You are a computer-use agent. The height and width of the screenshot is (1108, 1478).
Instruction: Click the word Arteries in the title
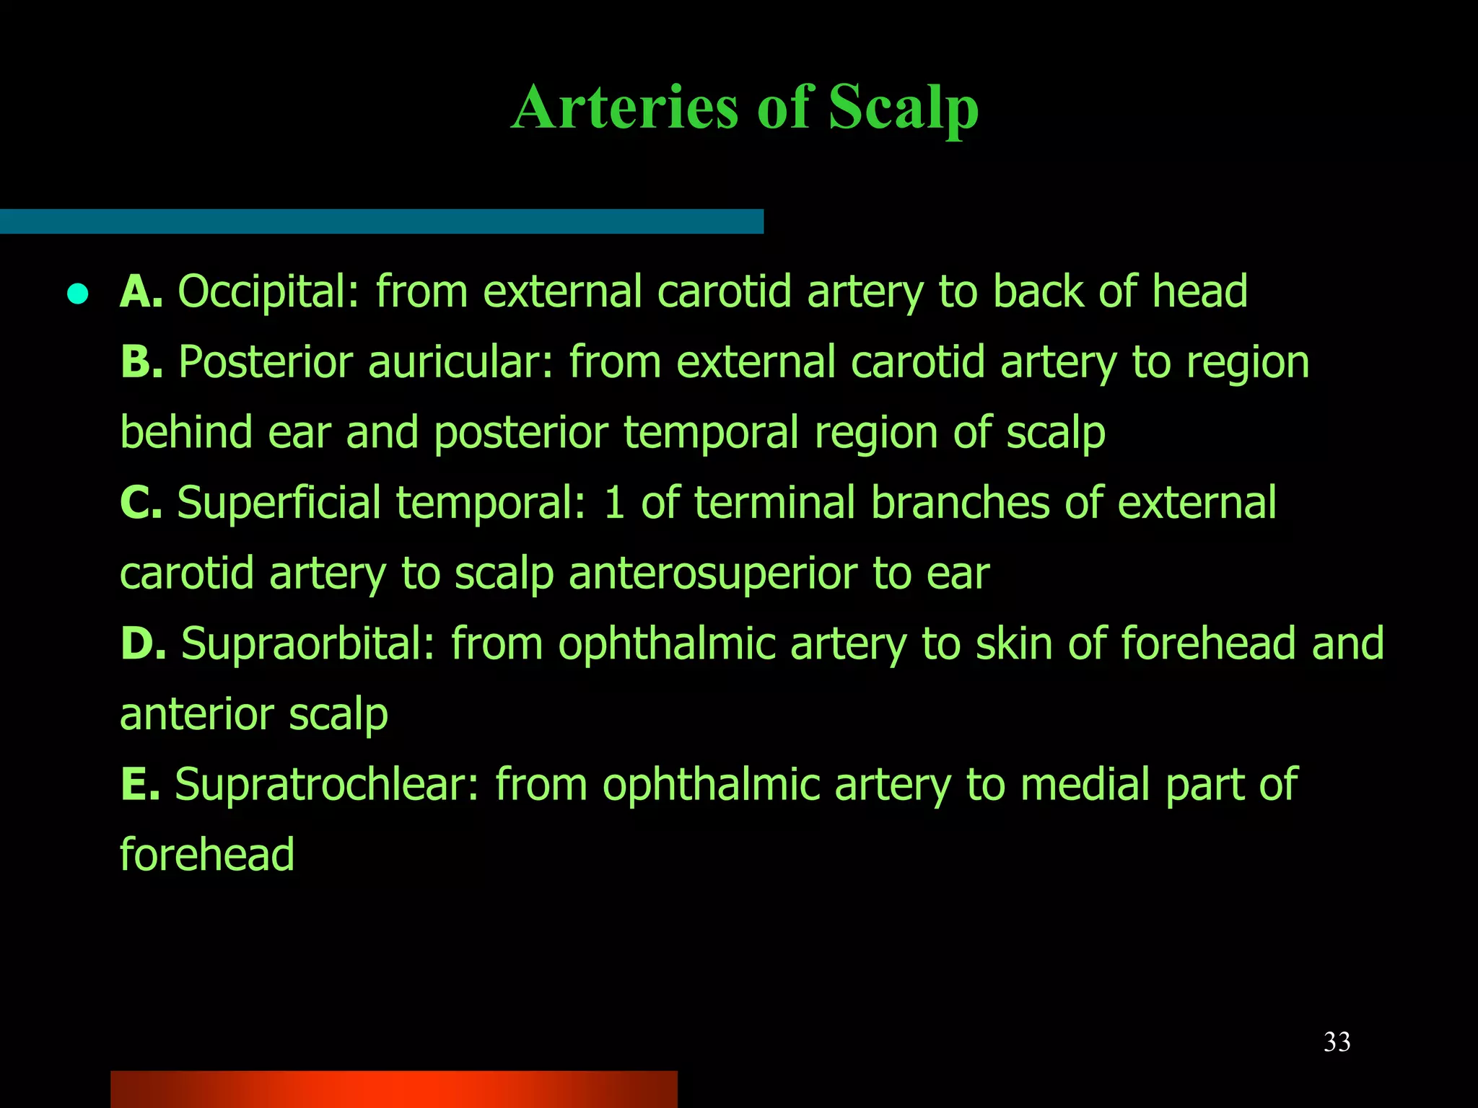click(625, 108)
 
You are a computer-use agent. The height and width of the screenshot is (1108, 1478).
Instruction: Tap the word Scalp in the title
click(903, 108)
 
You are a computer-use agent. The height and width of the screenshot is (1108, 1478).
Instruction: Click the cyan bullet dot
click(77, 294)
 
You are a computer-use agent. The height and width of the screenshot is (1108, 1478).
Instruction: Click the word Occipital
click(268, 293)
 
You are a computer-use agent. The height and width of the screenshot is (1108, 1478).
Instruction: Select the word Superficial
click(279, 502)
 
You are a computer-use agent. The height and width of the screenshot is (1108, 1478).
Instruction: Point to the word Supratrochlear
click(326, 784)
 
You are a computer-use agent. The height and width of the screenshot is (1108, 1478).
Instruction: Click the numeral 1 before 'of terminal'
click(614, 502)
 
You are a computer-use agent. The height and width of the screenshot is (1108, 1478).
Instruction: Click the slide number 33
click(1337, 1042)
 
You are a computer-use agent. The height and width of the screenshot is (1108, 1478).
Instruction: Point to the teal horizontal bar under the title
click(381, 221)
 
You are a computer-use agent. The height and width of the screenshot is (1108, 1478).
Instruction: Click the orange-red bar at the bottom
click(393, 1089)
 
